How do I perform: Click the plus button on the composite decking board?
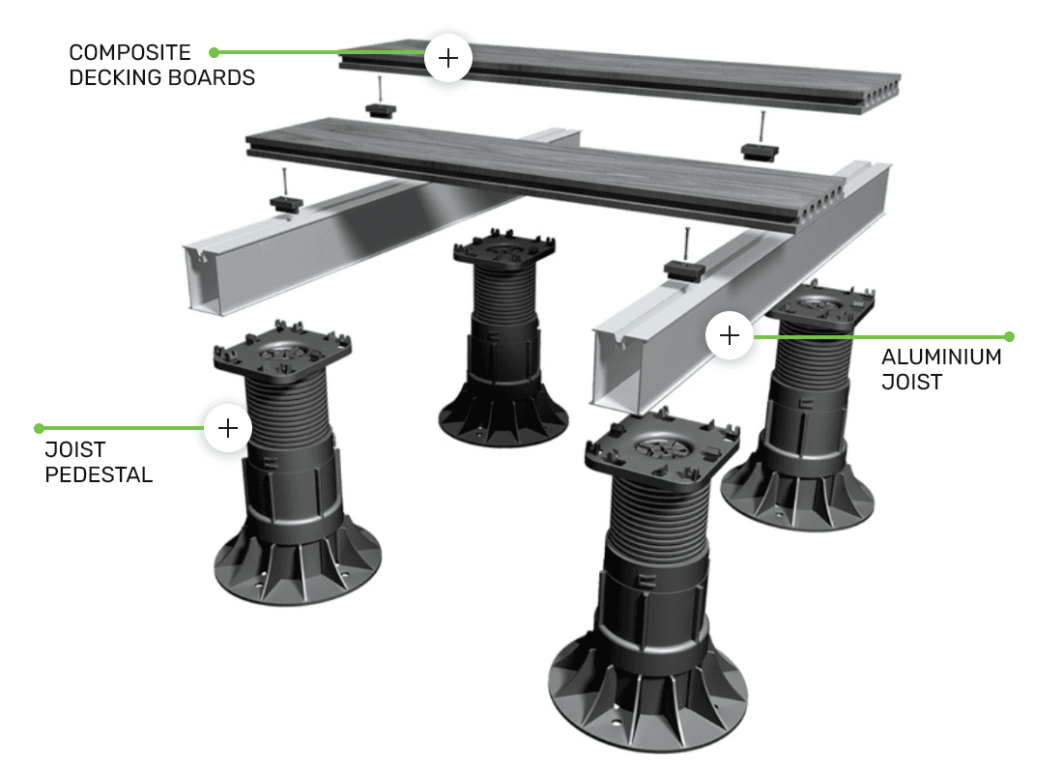click(x=448, y=58)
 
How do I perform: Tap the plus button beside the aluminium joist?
click(x=730, y=335)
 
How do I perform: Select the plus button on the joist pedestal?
click(x=228, y=428)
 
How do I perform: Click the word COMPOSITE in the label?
click(x=129, y=52)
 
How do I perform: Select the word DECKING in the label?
click(x=114, y=78)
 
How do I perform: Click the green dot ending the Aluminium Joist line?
click(x=1009, y=336)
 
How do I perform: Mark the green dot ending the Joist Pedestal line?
click(x=40, y=428)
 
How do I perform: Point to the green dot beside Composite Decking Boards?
click(x=214, y=52)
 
